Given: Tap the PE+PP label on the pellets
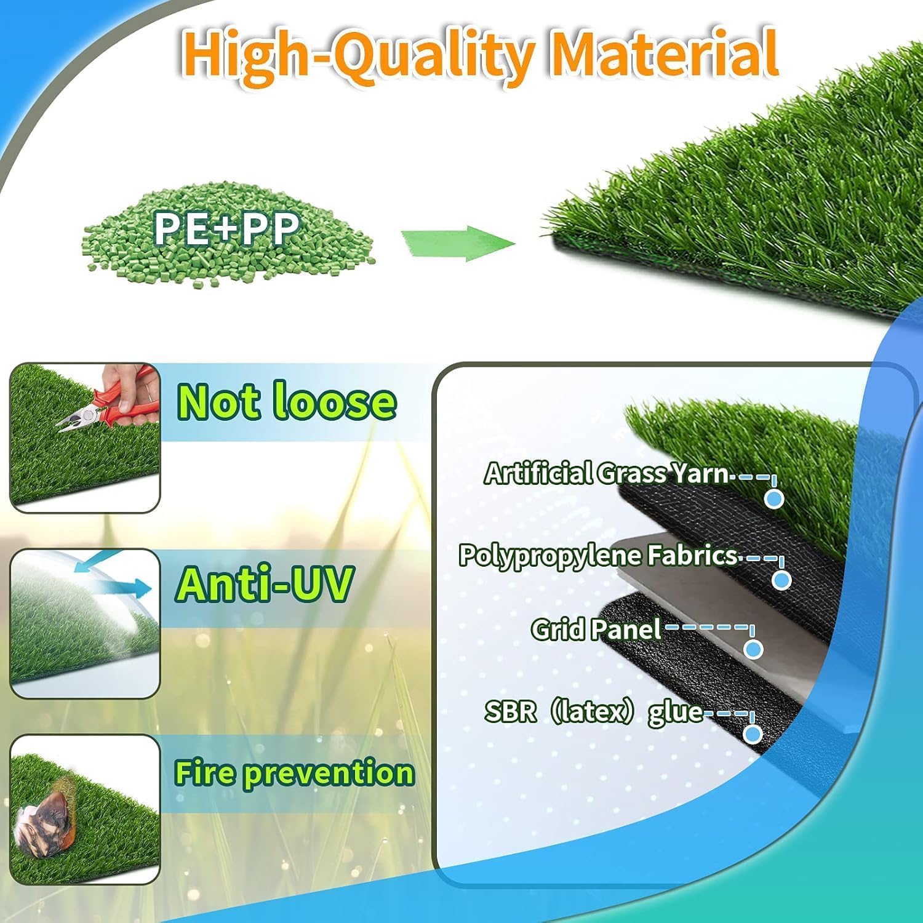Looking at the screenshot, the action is tap(226, 229).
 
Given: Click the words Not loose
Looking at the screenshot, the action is tap(286, 402).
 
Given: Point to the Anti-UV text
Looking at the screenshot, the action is tap(265, 584).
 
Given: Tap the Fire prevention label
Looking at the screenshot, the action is tap(294, 773).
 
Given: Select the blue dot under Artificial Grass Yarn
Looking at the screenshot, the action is tap(774, 498).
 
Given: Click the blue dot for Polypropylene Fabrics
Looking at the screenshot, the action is tap(781, 580).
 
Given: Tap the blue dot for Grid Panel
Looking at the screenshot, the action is tap(753, 649).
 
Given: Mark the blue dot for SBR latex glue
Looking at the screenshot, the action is tap(753, 733).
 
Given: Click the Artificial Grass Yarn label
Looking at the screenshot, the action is tap(606, 473).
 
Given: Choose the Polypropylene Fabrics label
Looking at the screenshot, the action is tap(598, 556).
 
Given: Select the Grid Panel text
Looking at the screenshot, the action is tap(596, 629).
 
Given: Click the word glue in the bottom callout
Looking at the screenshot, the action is tap(675, 713).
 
